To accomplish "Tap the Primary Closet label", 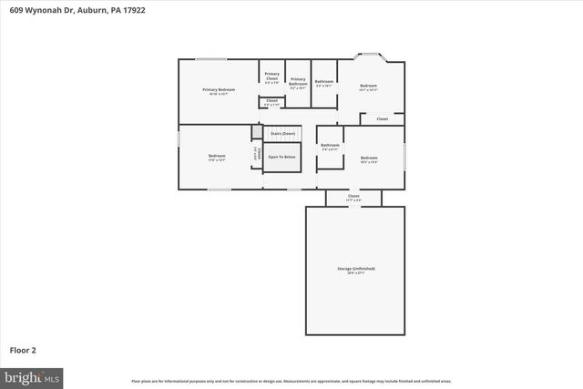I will click(x=271, y=76).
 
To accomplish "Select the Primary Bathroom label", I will click(x=298, y=81).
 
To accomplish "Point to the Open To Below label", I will click(x=281, y=157).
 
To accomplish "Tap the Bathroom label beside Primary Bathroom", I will click(x=324, y=82).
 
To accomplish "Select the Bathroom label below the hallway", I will click(x=330, y=146).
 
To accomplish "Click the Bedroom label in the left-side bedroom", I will click(x=217, y=157).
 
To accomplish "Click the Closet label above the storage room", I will click(x=353, y=196).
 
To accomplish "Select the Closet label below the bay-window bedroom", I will click(x=383, y=118).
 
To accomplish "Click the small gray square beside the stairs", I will click(x=257, y=133).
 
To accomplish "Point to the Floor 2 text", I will click(x=24, y=349).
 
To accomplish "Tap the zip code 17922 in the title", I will click(x=133, y=10).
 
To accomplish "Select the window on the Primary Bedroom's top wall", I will click(x=211, y=60).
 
